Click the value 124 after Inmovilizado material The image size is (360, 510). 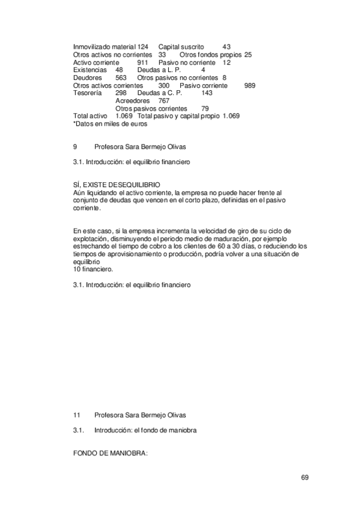click(x=142, y=47)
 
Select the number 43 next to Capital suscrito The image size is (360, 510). click(x=227, y=47)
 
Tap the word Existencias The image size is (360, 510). click(x=90, y=70)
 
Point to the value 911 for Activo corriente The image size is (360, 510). click(x=142, y=63)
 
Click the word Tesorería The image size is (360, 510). click(x=88, y=93)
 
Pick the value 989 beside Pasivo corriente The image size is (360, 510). click(x=250, y=85)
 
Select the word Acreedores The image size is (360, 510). click(x=132, y=101)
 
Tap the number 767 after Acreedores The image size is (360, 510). click(x=164, y=101)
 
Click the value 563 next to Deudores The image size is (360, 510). click(x=121, y=78)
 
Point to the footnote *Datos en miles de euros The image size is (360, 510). click(x=110, y=124)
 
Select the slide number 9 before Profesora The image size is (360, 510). click(x=75, y=146)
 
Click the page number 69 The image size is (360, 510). click(x=305, y=478)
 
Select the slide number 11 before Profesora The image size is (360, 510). click(x=76, y=415)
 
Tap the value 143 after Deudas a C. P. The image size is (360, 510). click(x=207, y=93)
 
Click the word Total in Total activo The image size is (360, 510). click(x=81, y=116)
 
